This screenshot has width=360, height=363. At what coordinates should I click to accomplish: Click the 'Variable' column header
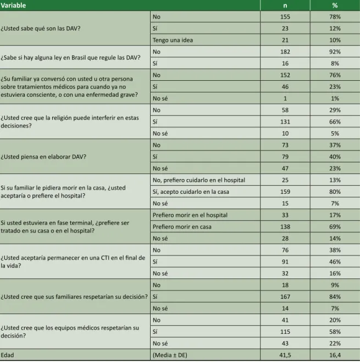[13, 5]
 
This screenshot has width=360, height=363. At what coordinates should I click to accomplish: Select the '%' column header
[335, 5]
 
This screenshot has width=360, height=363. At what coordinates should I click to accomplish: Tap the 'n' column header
[285, 5]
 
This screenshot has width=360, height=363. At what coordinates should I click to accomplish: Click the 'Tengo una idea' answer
[173, 40]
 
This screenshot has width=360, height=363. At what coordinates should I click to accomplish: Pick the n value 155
[285, 16]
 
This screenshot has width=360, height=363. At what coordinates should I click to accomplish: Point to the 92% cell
[335, 52]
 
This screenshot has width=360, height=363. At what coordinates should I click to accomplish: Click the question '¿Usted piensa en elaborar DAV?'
[43, 157]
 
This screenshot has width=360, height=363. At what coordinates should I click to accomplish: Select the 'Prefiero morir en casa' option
[182, 227]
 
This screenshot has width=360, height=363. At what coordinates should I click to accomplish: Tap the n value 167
[285, 297]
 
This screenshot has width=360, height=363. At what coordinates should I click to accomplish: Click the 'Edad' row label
[7, 355]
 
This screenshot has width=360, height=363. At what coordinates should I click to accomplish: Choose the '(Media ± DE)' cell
[170, 355]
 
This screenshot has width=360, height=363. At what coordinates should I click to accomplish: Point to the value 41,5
[285, 355]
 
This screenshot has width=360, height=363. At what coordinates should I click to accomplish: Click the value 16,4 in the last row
[335, 355]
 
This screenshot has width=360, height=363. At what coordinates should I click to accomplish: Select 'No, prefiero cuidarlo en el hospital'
[199, 180]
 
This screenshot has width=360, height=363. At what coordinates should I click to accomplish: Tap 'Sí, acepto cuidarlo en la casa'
[191, 192]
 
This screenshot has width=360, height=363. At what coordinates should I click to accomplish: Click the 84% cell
[335, 297]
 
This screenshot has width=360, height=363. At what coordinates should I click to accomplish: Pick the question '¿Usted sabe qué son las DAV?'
[40, 29]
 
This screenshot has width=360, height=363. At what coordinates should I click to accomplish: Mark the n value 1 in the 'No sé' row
[285, 98]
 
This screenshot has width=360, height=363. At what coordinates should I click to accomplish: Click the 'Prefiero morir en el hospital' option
[190, 215]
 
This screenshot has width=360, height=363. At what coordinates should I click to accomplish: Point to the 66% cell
[335, 122]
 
